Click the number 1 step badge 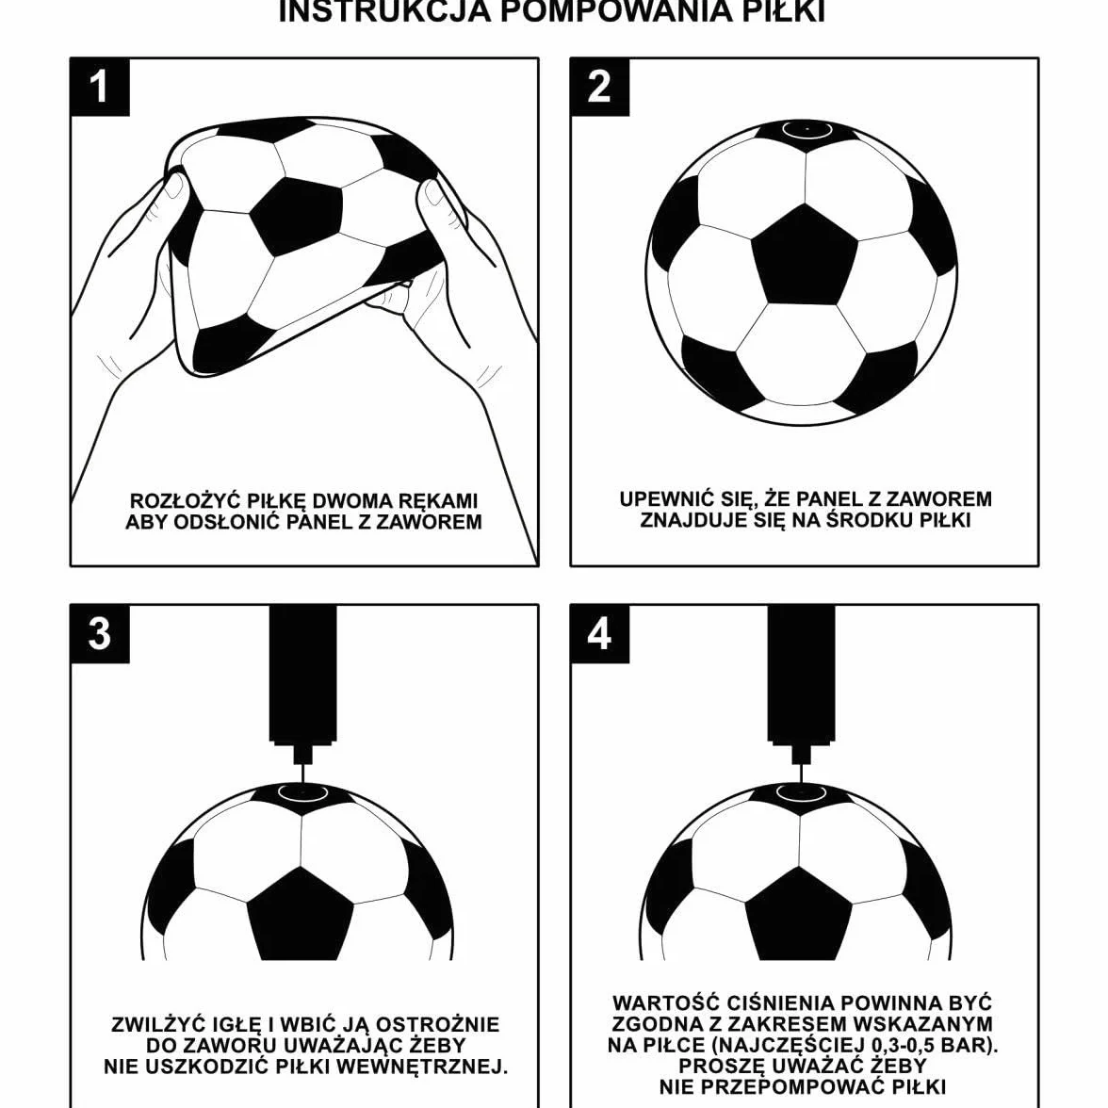tap(100, 87)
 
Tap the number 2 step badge tap(599, 87)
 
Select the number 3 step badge tap(100, 634)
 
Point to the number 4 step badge tap(599, 634)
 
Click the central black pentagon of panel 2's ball tap(804, 256)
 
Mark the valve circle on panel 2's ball tap(806, 130)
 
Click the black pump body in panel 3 tap(303, 675)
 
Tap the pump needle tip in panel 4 tap(801, 782)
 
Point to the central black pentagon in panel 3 tap(301, 914)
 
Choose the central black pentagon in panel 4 tap(799, 914)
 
